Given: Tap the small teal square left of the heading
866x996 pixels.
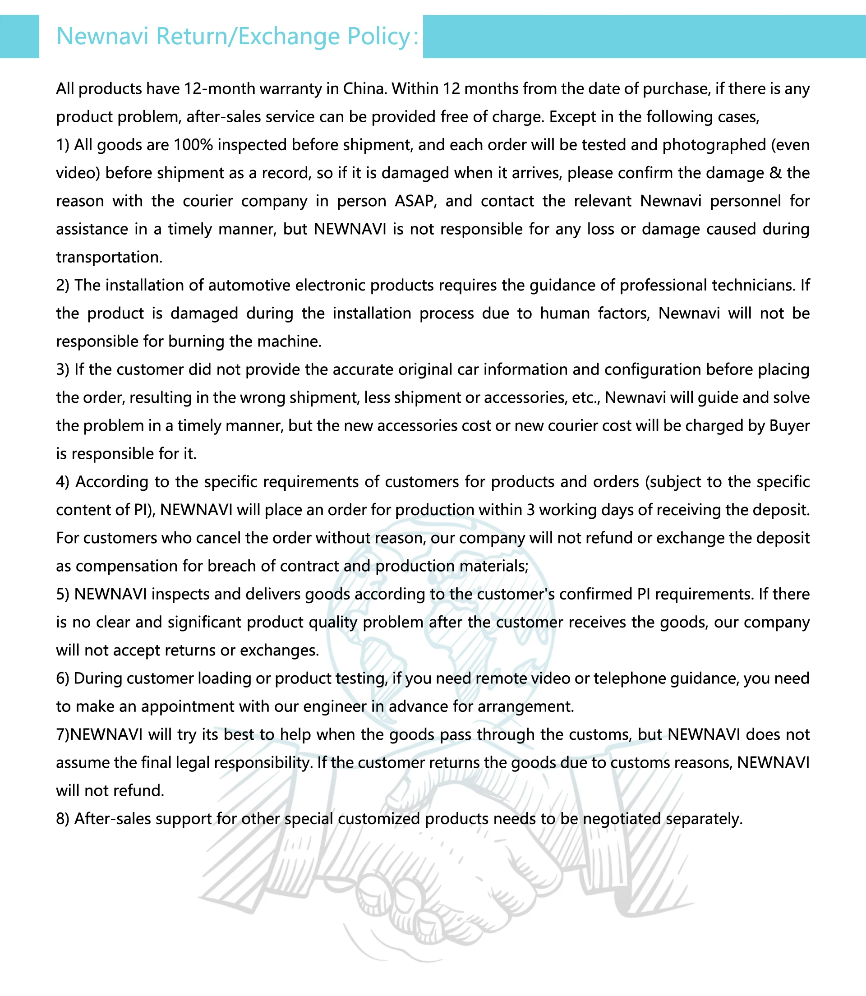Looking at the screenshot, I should pos(19,37).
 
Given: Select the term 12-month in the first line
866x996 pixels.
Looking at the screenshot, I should pos(221,89).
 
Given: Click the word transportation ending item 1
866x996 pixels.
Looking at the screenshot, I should pos(109,257).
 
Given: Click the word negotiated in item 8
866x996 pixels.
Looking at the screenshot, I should pos(622,819).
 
